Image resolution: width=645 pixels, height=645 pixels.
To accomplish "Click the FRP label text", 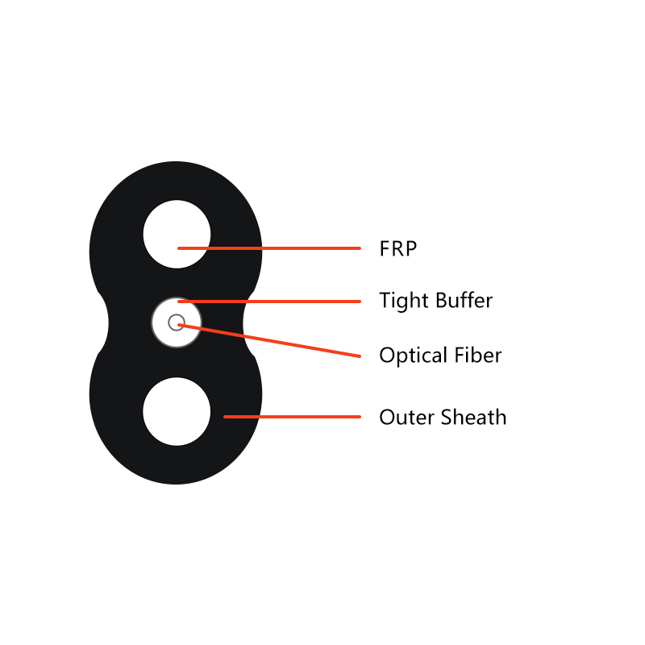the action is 397,248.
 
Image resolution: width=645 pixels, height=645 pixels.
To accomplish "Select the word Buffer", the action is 464,300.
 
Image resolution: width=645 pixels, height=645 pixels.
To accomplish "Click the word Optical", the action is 413,356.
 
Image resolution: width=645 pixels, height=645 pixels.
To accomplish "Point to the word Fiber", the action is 477,355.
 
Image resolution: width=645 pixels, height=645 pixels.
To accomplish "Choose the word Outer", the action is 406,417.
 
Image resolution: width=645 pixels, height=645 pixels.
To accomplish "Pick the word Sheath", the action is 473,417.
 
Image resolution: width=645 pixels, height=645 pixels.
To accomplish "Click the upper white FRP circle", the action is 177,234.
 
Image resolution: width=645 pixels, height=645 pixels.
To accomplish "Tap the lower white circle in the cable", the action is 177,411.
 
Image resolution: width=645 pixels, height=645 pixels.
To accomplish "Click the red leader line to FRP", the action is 269,248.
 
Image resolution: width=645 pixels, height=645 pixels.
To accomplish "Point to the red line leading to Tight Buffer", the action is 269,302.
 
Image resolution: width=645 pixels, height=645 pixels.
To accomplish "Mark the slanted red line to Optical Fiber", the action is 269,340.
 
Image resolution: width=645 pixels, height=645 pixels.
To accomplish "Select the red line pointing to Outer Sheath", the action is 292,417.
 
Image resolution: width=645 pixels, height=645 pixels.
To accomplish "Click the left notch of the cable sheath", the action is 103,323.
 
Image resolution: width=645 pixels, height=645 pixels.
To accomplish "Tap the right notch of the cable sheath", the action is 248,323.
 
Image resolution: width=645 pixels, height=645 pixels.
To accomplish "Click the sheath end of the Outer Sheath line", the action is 225,417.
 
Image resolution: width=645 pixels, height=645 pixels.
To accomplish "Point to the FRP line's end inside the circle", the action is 179,248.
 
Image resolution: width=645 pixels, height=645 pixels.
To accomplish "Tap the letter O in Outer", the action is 388,417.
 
